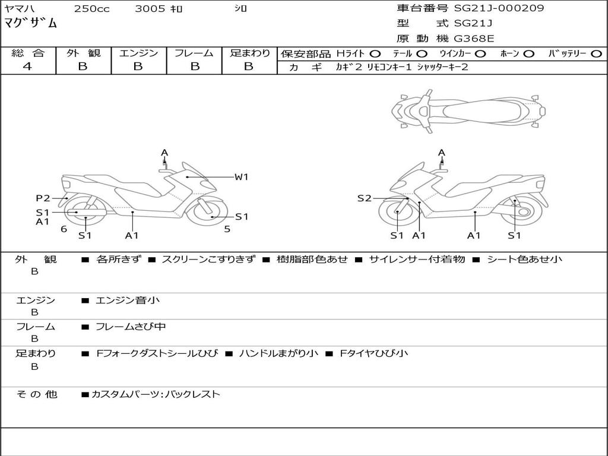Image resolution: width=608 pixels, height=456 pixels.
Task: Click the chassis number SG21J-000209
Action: (x=499, y=8)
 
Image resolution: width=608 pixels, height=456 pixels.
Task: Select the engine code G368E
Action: (x=474, y=39)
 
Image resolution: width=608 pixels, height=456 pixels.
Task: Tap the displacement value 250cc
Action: (x=91, y=9)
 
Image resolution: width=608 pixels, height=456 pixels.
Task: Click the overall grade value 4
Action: (x=27, y=66)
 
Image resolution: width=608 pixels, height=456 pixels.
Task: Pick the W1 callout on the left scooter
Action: (x=240, y=176)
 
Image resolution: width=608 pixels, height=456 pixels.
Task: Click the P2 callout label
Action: (x=43, y=198)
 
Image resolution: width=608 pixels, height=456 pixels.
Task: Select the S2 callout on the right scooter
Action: (x=364, y=198)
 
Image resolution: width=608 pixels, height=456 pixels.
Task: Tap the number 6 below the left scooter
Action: (x=64, y=229)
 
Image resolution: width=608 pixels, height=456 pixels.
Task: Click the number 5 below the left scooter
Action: (x=227, y=229)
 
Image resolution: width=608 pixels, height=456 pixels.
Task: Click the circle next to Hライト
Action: (x=375, y=53)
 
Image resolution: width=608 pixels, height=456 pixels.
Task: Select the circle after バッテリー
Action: (x=596, y=53)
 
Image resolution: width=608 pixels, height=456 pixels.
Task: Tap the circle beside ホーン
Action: (x=528, y=53)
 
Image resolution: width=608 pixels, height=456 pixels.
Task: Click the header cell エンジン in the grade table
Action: (x=138, y=53)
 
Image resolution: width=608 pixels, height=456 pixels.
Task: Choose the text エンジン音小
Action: (x=128, y=300)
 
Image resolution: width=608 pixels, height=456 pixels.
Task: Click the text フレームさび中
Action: (x=131, y=327)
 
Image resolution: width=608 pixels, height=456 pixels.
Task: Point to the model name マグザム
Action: (x=31, y=24)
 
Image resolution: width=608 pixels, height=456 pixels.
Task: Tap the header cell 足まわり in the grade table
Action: (x=249, y=53)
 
